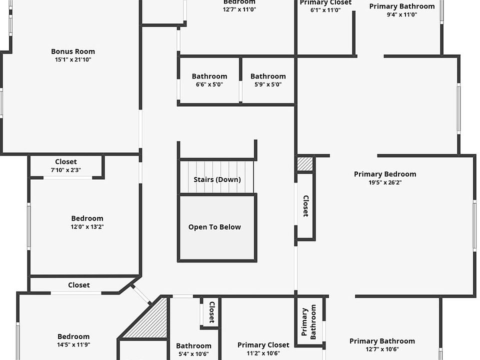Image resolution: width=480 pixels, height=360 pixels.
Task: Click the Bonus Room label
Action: click(x=73, y=51)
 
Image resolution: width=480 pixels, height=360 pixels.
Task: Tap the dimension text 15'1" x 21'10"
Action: click(x=73, y=59)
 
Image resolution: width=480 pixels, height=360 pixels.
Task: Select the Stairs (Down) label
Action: click(x=217, y=179)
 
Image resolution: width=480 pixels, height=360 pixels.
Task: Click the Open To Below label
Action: click(x=214, y=227)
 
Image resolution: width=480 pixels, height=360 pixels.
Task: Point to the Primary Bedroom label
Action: click(x=385, y=174)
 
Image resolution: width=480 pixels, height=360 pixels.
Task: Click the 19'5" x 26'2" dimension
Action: click(x=385, y=182)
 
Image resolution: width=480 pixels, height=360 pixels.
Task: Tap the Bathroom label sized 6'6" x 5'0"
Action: click(x=209, y=76)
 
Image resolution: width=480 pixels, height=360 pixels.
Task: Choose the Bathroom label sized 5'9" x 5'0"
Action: click(x=268, y=76)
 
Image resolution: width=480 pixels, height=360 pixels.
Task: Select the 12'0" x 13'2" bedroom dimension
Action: click(x=87, y=226)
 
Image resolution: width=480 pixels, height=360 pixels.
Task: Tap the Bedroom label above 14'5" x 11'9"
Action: click(x=73, y=336)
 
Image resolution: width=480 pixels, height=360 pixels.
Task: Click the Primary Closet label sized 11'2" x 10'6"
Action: click(x=263, y=345)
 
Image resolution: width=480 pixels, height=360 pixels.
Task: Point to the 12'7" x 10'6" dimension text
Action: click(x=382, y=349)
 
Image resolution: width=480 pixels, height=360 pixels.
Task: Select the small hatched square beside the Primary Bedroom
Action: click(x=305, y=164)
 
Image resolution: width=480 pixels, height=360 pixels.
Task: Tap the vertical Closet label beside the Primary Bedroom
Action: click(x=305, y=205)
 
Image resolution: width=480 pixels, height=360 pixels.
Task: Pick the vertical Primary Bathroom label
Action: click(x=309, y=322)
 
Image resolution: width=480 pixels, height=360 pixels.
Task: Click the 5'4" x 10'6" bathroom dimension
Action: click(x=193, y=354)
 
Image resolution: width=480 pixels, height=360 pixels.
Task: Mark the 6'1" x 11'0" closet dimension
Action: click(x=325, y=10)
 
